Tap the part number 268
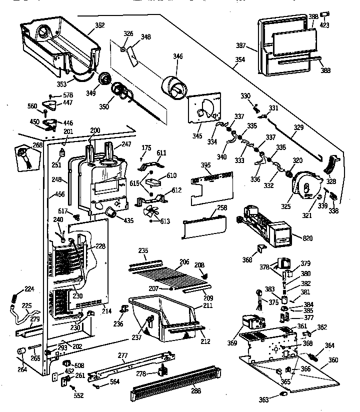[23, 145]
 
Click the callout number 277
[123, 355]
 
